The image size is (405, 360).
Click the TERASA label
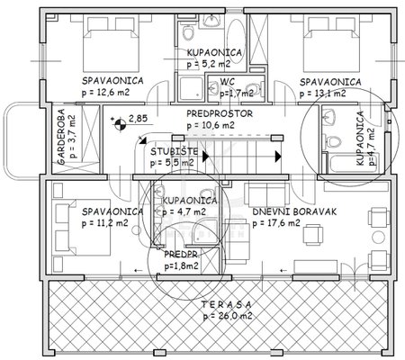click(226, 305)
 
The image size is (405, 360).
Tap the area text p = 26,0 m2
click(228, 316)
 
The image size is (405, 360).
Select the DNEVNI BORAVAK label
click(294, 211)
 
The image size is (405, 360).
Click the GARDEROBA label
click(61, 136)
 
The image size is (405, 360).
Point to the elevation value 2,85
click(138, 118)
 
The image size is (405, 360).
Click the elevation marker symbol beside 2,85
click(121, 124)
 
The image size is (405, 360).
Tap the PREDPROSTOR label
click(220, 113)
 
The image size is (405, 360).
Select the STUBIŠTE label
click(174, 151)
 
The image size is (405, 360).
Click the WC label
click(228, 82)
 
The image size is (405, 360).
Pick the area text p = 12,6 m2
click(105, 92)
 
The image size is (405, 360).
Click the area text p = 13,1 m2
click(322, 94)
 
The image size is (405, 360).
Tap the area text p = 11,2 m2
click(105, 223)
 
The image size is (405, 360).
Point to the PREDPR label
click(181, 255)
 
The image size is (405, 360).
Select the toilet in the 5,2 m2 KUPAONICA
click(188, 32)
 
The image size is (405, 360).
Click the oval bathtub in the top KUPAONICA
click(236, 41)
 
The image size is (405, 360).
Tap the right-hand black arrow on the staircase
click(278, 157)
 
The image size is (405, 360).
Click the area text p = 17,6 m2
click(276, 223)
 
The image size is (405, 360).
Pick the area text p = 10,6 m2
click(211, 125)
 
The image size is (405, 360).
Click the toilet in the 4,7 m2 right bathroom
click(332, 141)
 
